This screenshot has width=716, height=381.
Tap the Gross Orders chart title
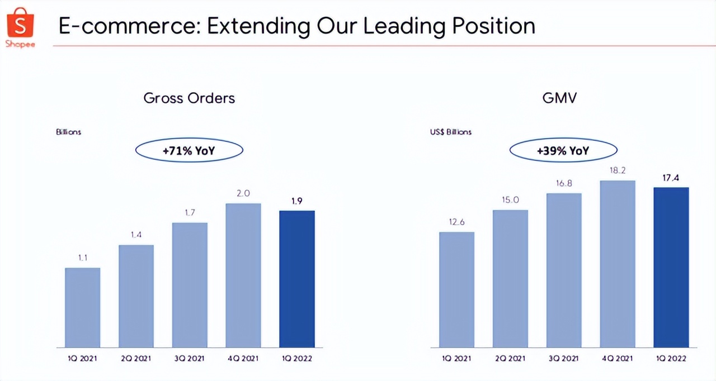(189, 98)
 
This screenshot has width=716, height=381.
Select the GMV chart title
(559, 98)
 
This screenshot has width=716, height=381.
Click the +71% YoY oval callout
(189, 150)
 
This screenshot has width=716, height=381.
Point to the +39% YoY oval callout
(563, 150)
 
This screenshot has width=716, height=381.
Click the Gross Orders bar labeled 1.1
(83, 307)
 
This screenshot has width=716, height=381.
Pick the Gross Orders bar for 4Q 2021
(243, 275)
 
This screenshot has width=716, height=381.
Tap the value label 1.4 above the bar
(136, 235)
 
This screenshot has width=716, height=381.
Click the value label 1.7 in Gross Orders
(190, 213)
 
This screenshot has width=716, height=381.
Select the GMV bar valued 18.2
(618, 264)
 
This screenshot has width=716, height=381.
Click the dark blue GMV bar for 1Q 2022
(671, 267)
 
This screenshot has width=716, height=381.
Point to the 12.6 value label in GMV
(456, 222)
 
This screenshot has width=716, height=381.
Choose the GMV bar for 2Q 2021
(510, 278)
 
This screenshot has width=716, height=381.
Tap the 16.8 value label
(564, 183)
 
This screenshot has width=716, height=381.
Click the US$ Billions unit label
(451, 132)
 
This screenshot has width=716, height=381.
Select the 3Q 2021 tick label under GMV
(564, 359)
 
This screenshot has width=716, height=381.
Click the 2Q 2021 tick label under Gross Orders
(136, 359)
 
